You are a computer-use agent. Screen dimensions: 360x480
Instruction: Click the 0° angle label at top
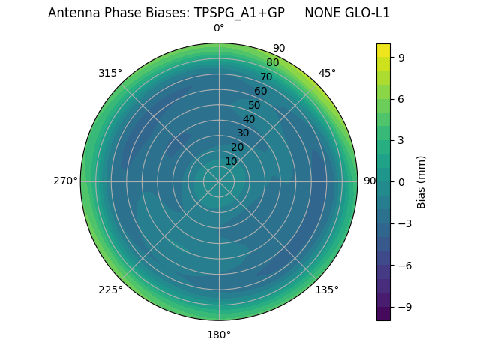tap(219, 28)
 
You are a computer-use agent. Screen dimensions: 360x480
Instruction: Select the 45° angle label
tap(327, 73)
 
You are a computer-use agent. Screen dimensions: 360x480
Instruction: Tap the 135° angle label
tap(327, 289)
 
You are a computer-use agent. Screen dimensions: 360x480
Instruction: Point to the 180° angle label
tap(219, 334)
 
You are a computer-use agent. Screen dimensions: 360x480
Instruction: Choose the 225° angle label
tap(110, 289)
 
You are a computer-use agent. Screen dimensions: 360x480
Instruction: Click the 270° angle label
tap(65, 181)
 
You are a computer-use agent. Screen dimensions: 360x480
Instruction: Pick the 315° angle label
tap(110, 73)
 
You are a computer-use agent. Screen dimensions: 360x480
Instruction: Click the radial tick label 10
tap(231, 161)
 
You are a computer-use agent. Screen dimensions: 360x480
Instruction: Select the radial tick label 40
tap(249, 119)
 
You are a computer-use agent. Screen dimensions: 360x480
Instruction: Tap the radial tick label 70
tap(266, 76)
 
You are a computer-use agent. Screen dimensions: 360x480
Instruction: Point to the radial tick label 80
tap(272, 63)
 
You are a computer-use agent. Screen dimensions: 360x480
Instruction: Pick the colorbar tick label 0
tap(402, 181)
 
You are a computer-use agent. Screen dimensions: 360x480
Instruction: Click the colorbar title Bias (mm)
tap(421, 181)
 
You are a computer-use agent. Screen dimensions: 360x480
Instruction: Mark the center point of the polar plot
tap(219, 181)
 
